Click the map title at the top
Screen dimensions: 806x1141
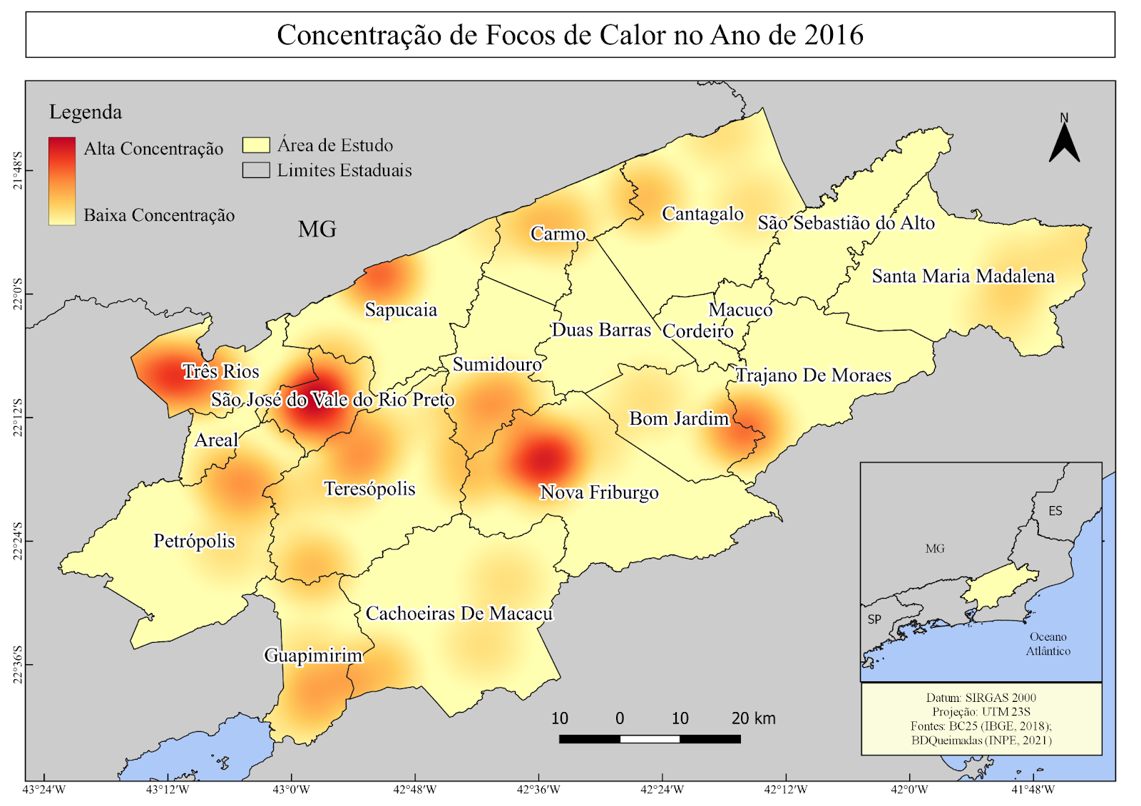point(570,35)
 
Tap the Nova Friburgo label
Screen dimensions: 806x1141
point(599,492)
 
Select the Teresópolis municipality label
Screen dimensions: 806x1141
point(369,489)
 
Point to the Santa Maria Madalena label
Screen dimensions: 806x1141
point(963,277)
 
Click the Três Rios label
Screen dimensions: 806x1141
point(220,371)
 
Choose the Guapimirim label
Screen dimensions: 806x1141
point(313,655)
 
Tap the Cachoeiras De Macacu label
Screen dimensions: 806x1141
point(459,614)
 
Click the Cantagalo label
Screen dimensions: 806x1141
point(702,214)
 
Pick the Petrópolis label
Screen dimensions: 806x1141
point(194,541)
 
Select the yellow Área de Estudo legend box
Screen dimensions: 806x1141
point(256,145)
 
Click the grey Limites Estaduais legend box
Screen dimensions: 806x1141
point(256,170)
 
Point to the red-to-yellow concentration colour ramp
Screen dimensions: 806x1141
point(62,181)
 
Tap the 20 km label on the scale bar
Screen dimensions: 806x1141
point(753,718)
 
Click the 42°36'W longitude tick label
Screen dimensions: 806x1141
point(538,790)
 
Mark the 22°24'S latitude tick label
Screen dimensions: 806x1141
point(18,541)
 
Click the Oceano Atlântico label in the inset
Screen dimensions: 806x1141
point(1048,644)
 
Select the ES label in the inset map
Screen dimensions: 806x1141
point(1055,511)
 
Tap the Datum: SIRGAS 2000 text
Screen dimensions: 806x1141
point(981,698)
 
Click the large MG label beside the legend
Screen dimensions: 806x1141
point(317,229)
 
